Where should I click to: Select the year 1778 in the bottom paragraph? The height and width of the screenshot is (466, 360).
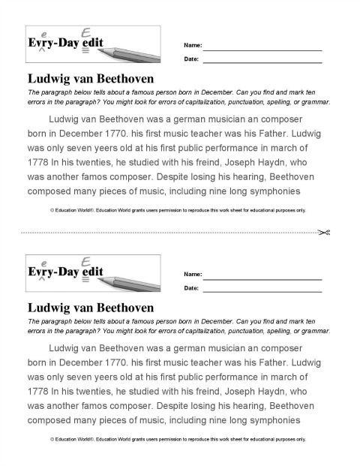point(37,391)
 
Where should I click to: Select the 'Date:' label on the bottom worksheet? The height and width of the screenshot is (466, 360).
point(191,288)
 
